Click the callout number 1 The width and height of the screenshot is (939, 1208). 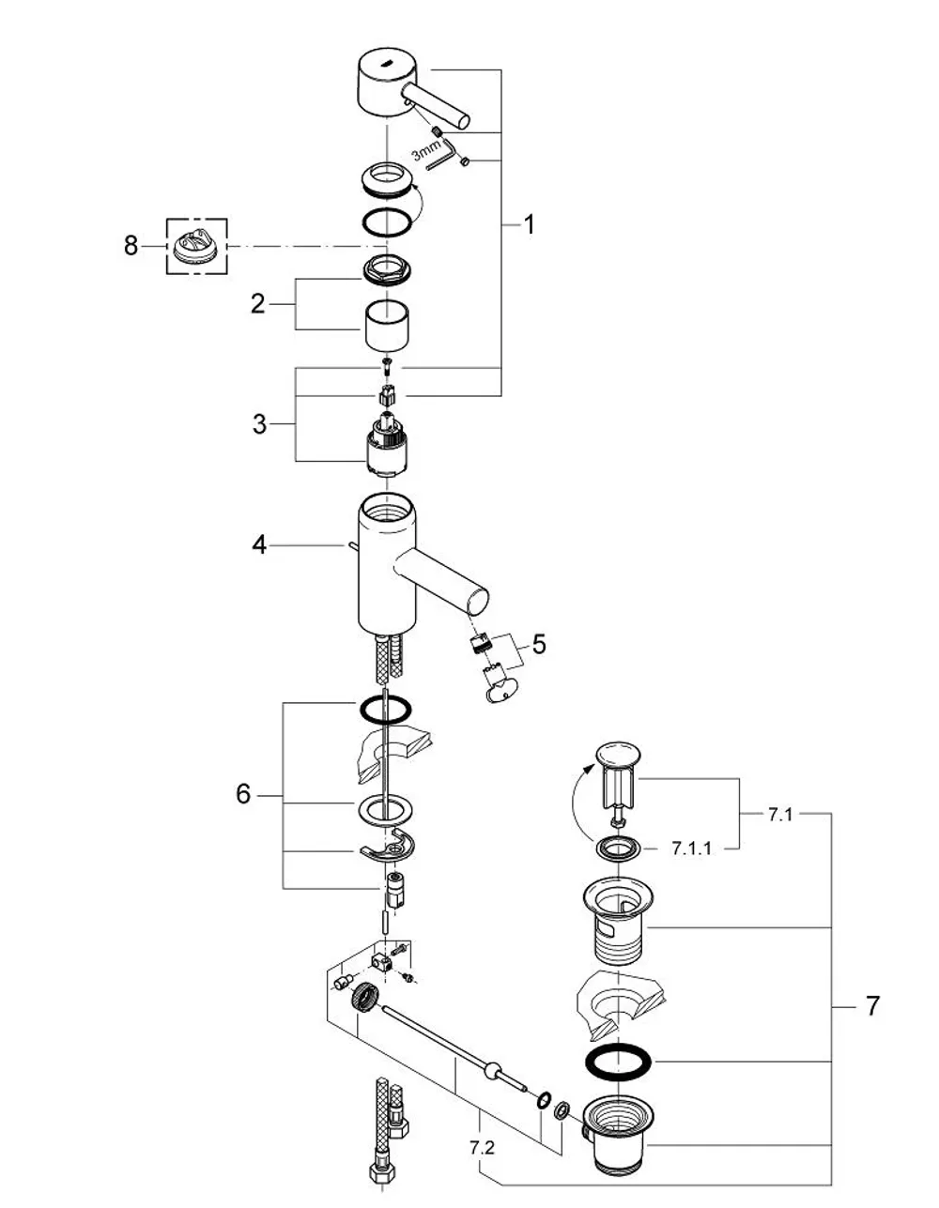click(529, 224)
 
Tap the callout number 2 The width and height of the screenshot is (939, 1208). click(257, 304)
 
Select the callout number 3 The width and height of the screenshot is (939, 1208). click(259, 424)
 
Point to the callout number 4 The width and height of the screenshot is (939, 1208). click(259, 545)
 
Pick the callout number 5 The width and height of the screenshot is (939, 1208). click(539, 644)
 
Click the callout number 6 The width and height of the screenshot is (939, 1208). click(243, 794)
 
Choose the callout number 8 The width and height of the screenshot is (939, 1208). click(131, 245)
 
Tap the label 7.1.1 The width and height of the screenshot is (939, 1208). click(691, 849)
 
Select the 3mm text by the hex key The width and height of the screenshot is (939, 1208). click(427, 150)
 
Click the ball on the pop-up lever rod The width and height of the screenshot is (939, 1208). click(493, 1067)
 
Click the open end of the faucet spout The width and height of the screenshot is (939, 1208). click(478, 601)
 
